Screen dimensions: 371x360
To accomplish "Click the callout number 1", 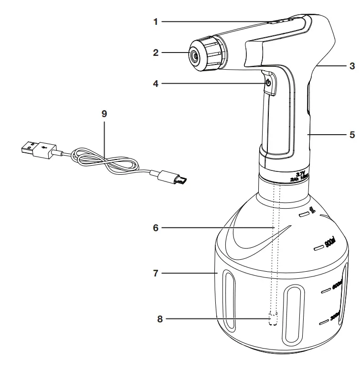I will pos(156,21).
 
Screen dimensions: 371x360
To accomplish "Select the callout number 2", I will pos(156,53).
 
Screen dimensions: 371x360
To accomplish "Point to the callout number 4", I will pos(156,83).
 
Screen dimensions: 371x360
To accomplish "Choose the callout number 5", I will pos(352,135).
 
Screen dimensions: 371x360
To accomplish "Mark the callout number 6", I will pos(156,228).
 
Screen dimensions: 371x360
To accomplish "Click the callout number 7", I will pos(156,274).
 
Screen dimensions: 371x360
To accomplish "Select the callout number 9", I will pos(105,114).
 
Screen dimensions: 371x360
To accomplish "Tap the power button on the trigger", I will pos(268,83).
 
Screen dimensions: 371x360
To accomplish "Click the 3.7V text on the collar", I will pos(300,175).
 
